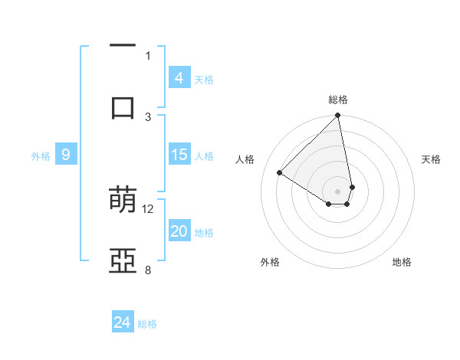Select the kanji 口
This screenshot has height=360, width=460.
(x=123, y=107)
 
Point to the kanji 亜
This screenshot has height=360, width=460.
(x=123, y=260)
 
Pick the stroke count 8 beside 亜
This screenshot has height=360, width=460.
(x=148, y=270)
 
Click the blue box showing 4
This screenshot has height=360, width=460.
(x=179, y=78)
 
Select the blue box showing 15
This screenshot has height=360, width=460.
(x=179, y=155)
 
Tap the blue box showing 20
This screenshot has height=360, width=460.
(x=179, y=231)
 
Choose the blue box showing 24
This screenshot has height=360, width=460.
(x=123, y=322)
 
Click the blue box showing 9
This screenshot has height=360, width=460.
(x=66, y=155)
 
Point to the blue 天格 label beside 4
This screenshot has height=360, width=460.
(x=204, y=80)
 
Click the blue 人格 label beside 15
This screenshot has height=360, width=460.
(x=204, y=156)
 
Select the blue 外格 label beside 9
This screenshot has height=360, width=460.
(x=41, y=156)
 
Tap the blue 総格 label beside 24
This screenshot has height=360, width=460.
(x=147, y=324)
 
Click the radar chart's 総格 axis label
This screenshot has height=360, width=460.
(x=338, y=100)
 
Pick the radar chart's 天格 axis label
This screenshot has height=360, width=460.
(x=432, y=159)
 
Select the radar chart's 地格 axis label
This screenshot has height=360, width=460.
(x=402, y=262)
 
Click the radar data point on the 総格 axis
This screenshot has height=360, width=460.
(x=337, y=116)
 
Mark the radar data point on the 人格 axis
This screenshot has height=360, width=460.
(x=280, y=173)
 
